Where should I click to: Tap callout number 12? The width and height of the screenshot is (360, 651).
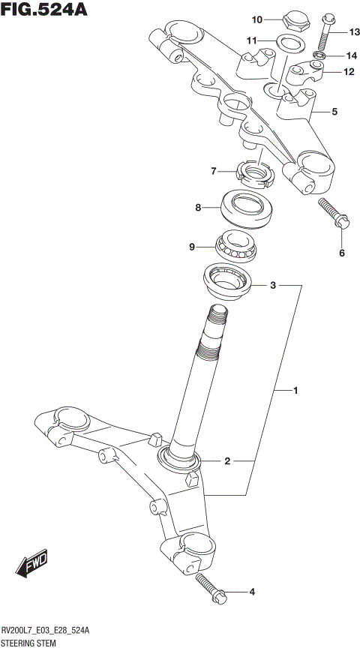click(348, 72)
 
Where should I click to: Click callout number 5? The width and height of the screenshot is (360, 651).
click(334, 112)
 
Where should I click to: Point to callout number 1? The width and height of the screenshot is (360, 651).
click(295, 391)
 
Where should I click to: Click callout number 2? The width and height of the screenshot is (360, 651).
click(226, 461)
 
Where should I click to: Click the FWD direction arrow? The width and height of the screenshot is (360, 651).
click(32, 567)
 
